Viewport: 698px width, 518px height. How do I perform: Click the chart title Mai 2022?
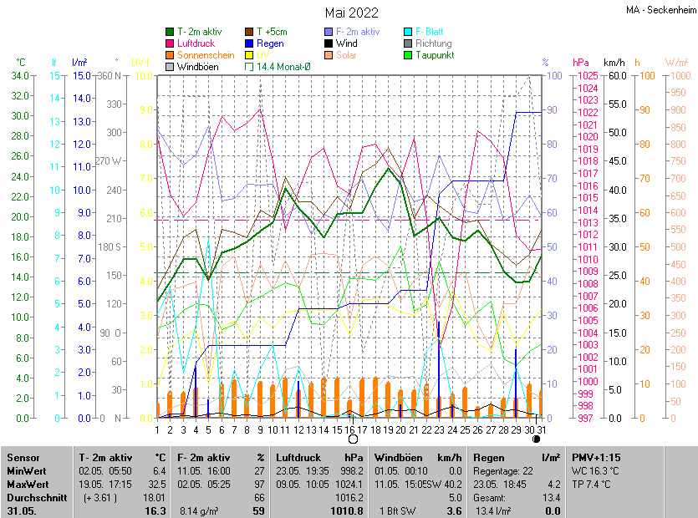click(x=351, y=13)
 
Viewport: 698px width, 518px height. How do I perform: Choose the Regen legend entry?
click(x=270, y=43)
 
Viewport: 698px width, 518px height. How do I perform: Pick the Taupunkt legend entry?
click(x=434, y=55)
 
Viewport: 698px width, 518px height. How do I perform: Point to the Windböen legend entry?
click(x=197, y=67)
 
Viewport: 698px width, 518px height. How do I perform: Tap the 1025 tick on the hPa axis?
click(x=586, y=76)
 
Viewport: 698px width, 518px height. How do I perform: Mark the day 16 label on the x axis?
click(x=348, y=429)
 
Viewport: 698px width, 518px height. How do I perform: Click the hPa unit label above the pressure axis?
click(x=580, y=63)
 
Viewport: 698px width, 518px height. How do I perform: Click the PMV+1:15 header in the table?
click(x=596, y=458)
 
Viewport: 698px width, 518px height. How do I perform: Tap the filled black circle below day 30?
click(x=536, y=439)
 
